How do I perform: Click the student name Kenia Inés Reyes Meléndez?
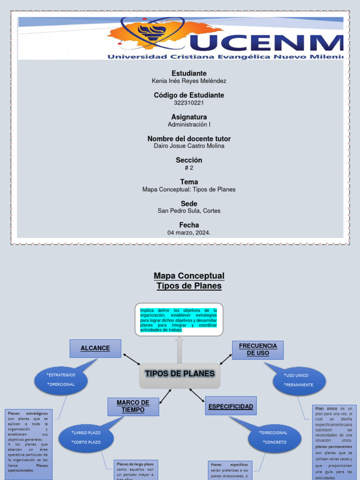(x=189, y=81)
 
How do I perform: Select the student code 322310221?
(x=189, y=103)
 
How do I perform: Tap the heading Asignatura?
(x=189, y=117)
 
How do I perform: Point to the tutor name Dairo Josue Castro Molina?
(x=189, y=146)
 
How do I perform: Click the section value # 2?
(x=189, y=168)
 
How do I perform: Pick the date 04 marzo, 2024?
(x=189, y=232)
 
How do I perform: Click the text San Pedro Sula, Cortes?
(x=189, y=211)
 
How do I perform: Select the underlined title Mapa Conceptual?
(x=189, y=276)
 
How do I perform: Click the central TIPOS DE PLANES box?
(x=180, y=375)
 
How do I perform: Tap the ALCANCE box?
(x=95, y=348)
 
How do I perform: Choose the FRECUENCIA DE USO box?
(x=258, y=350)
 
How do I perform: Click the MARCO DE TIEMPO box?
(x=133, y=406)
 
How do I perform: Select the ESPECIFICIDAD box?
(x=231, y=406)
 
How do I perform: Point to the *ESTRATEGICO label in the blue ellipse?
(x=61, y=375)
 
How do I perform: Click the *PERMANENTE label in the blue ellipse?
(x=299, y=385)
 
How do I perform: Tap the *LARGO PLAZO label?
(x=86, y=433)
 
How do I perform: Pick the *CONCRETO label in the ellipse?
(x=275, y=442)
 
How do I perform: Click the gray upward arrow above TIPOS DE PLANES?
(x=180, y=350)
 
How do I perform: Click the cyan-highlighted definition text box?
(x=179, y=320)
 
